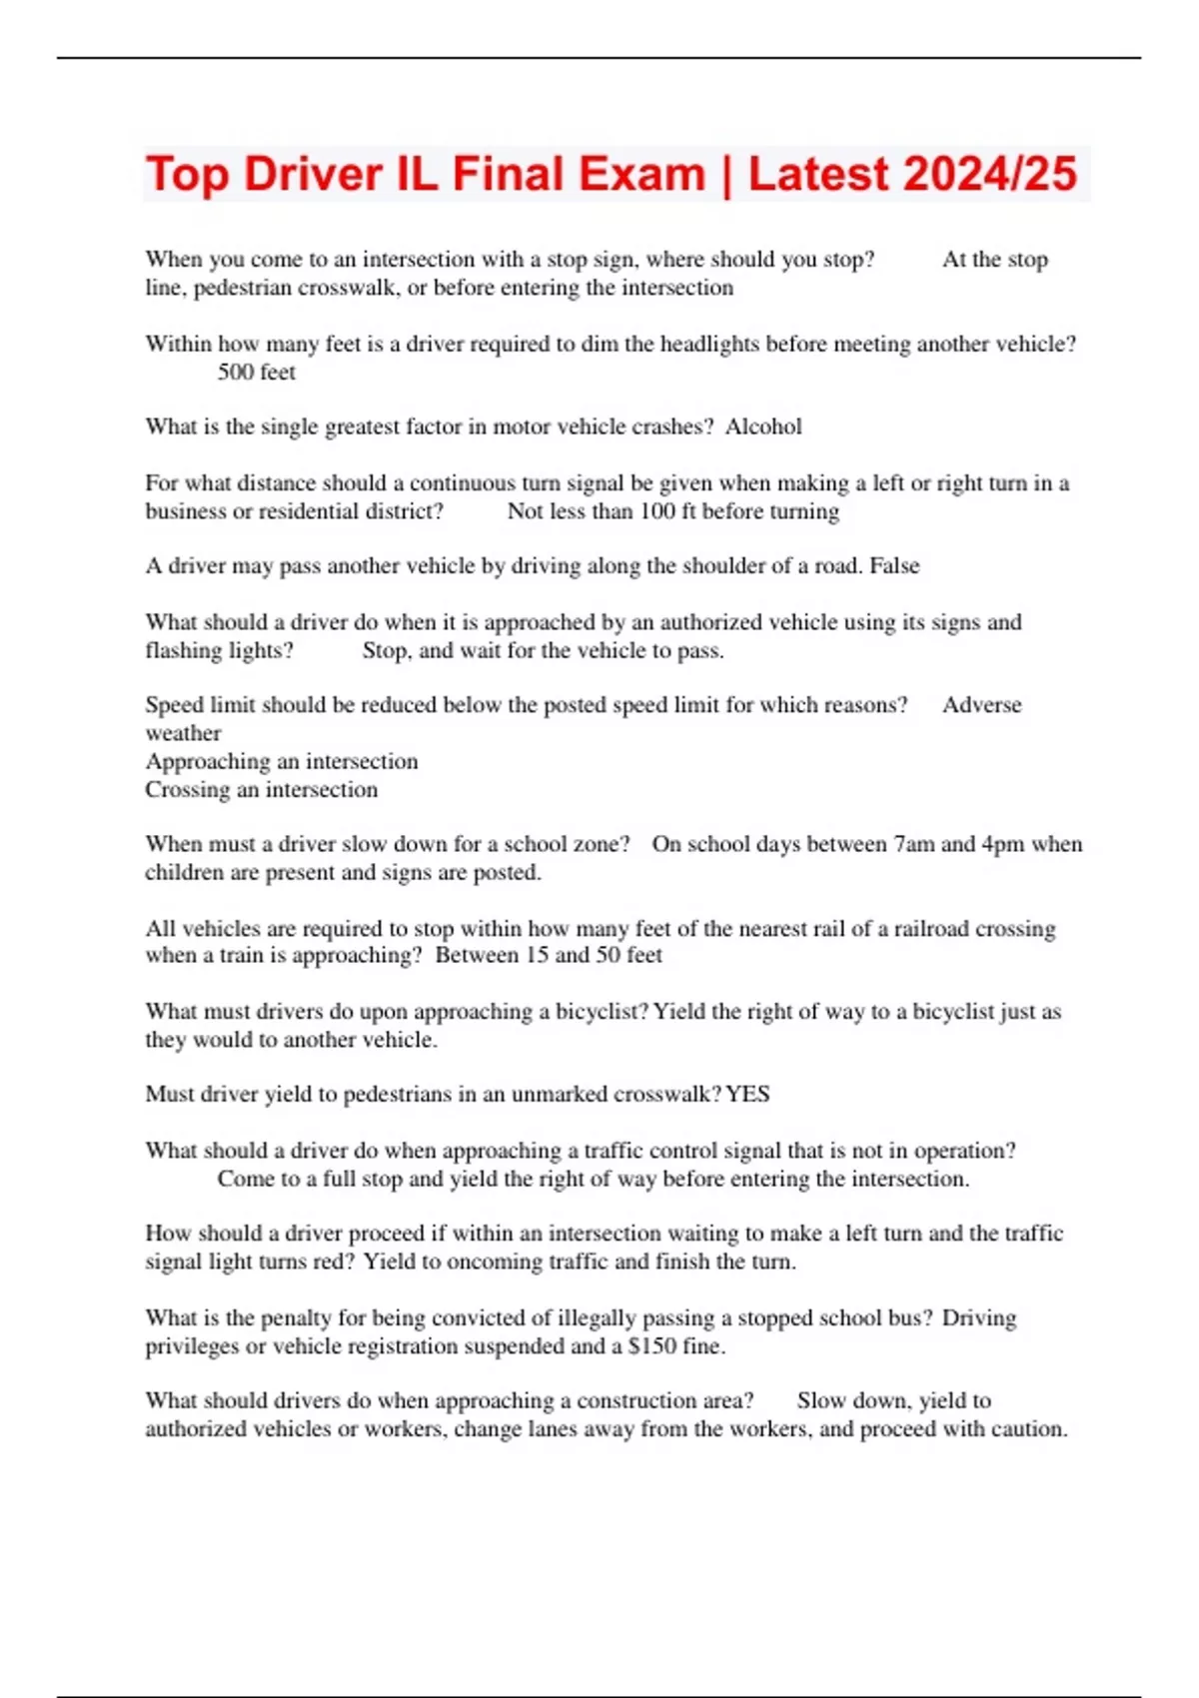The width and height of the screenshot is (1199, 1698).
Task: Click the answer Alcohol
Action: click(x=763, y=427)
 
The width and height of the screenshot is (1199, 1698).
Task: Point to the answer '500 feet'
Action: click(x=257, y=373)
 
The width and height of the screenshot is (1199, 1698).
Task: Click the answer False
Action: click(x=894, y=566)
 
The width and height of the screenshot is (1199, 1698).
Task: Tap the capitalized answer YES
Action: click(x=747, y=1095)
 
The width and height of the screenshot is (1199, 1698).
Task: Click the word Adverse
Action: click(x=981, y=705)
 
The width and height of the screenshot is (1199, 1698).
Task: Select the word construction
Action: click(x=637, y=1401)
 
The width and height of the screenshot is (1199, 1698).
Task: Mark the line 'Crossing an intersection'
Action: click(x=262, y=790)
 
